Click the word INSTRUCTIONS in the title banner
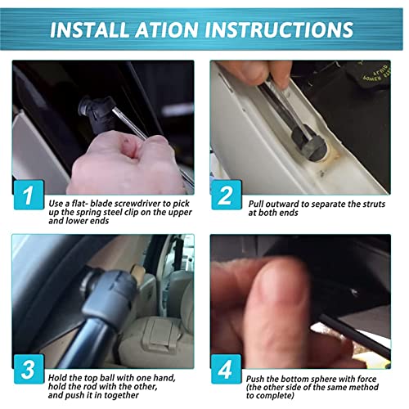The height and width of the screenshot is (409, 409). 279,29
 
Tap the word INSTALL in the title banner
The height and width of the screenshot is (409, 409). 90,29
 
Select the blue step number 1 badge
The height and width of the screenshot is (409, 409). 29,195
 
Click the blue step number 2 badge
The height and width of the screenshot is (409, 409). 227,195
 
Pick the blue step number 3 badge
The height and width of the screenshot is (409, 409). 29,369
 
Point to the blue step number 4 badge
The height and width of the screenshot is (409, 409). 227,369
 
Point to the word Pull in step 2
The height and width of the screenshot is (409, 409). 256,204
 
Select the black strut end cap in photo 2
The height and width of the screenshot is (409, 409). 310,143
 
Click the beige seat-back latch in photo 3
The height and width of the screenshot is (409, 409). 159,335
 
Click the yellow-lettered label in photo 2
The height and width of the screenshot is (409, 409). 373,74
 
